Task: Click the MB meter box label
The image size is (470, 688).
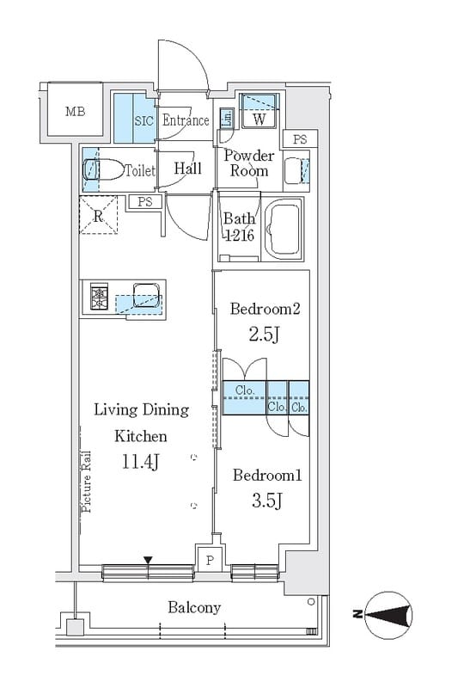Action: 75,112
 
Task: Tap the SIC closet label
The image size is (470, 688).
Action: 143,120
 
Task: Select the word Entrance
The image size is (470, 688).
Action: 186,120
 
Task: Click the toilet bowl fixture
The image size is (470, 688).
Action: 103,169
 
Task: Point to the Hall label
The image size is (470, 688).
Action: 187,168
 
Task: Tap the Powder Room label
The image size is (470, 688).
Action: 249,163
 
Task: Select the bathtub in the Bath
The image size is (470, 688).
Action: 284,229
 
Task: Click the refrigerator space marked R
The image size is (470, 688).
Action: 99,215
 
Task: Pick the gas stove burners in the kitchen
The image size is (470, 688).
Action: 99,297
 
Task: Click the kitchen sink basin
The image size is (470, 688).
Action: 146,295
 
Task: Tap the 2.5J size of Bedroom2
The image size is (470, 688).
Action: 265,335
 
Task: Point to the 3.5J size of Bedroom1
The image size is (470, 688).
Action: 266,501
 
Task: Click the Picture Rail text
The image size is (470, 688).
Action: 87,482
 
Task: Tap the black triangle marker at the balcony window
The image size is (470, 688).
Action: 148,561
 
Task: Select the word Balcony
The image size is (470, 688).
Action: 194,608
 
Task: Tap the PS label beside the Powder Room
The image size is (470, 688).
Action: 300,139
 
